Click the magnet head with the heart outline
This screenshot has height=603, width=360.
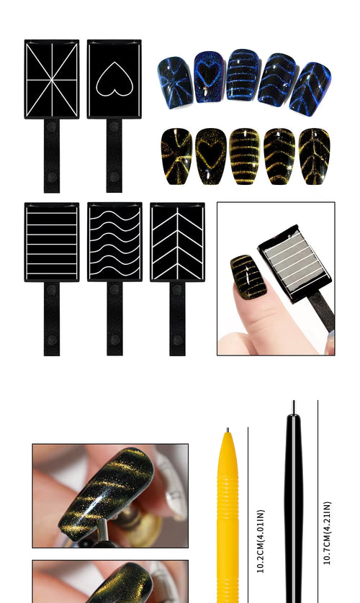[114, 78]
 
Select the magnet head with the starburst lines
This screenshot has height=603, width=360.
[52, 78]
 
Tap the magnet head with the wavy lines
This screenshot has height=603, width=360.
[114, 242]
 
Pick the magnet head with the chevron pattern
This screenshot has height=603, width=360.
[177, 242]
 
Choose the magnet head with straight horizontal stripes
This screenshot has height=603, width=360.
[52, 242]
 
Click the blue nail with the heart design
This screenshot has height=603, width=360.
[209, 76]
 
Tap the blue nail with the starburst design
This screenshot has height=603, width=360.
[175, 82]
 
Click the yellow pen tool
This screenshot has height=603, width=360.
[228, 518]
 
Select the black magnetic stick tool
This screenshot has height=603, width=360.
[293, 504]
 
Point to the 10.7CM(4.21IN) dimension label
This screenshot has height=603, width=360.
[328, 532]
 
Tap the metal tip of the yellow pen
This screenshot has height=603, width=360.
[226, 432]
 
